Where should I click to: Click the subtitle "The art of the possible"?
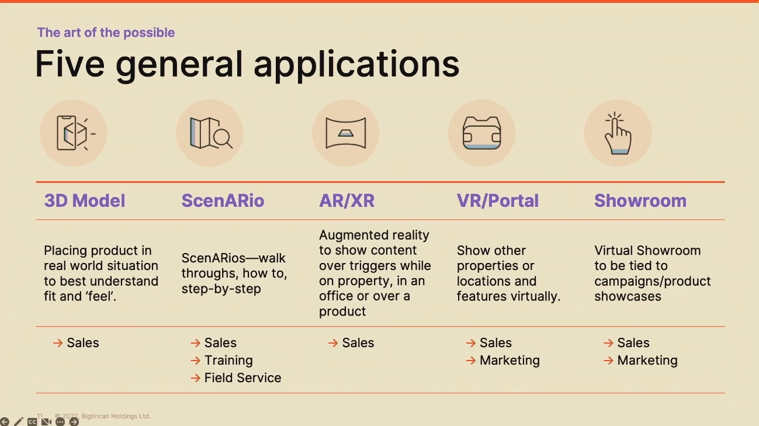tap(106, 33)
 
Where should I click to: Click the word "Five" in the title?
tap(70, 64)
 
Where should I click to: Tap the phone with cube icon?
tap(76, 133)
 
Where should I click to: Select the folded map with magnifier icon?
tap(211, 133)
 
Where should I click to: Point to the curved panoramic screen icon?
tap(346, 133)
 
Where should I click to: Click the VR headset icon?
tap(481, 133)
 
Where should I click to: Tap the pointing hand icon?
tap(618, 133)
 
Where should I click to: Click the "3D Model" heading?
tap(85, 200)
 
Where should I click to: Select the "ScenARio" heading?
tap(223, 200)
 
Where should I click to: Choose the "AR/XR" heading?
tap(346, 200)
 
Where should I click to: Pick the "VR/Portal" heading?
tap(497, 200)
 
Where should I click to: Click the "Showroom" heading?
tap(640, 200)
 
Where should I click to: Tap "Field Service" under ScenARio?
tap(242, 377)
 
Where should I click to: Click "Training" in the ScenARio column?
tap(228, 360)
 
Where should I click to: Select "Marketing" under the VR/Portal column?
tap(510, 360)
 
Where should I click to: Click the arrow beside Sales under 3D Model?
tap(58, 343)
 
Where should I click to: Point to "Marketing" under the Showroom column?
tap(647, 360)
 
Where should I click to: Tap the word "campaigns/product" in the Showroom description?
tap(652, 281)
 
